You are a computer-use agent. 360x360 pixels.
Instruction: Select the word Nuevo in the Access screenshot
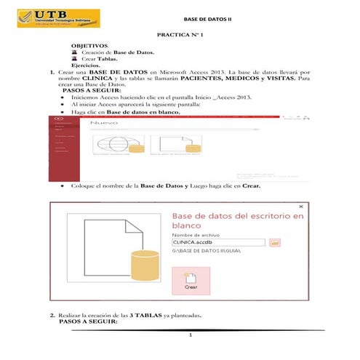pyautogui.click(x=104, y=124)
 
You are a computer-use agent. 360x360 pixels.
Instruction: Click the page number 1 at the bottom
pyautogui.click(x=189, y=336)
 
